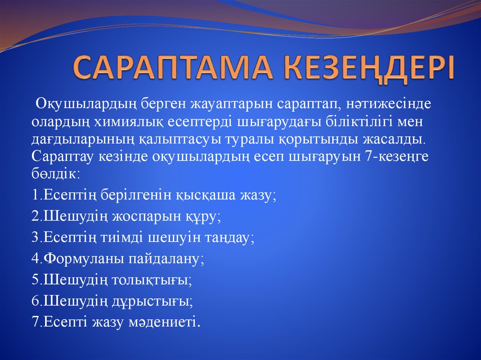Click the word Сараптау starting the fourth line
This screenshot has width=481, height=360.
62,157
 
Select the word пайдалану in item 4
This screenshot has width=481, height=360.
163,259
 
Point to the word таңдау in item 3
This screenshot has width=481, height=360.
229,237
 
